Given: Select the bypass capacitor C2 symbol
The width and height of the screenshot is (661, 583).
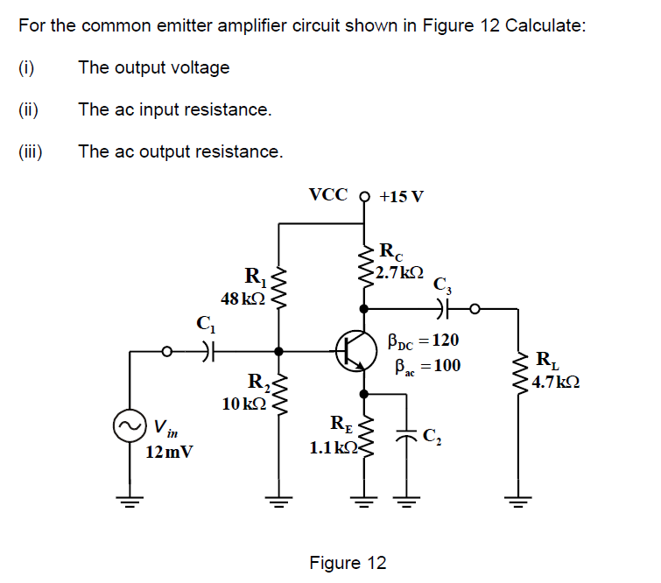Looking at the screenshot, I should [x=406, y=439].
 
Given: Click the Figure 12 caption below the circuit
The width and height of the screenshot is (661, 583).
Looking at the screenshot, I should [x=348, y=562].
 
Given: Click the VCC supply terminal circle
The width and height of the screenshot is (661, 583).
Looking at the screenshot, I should [x=365, y=195].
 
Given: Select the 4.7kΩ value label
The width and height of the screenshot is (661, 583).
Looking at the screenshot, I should [x=557, y=382].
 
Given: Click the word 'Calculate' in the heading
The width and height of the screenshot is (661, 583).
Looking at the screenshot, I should [x=543, y=25].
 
